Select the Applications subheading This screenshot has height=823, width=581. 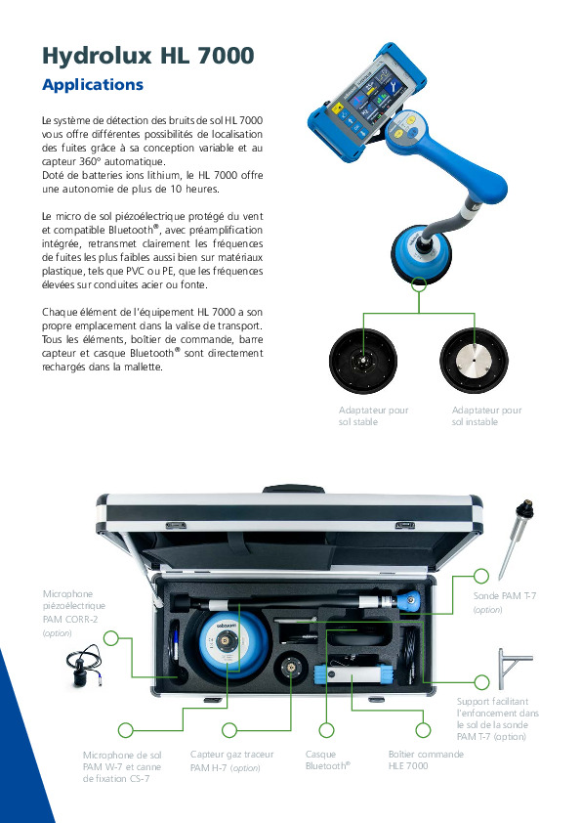93,85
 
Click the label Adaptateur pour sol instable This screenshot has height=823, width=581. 486,416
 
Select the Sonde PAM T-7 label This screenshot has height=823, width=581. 505,594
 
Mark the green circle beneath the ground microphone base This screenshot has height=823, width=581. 419,284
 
